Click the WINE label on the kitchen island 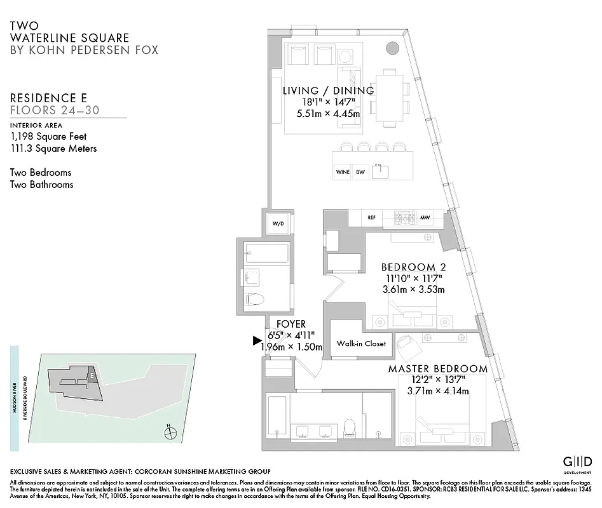point(342,172)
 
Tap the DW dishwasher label point(360,172)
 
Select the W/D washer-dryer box point(278,224)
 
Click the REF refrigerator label point(372,218)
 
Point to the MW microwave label point(425,218)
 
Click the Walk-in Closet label point(362,344)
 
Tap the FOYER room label point(291,324)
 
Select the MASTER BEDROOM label point(438,369)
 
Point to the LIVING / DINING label point(328,91)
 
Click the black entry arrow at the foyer point(257,341)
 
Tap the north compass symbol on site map point(169,433)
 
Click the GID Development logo point(578,462)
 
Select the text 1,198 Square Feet point(48,137)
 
